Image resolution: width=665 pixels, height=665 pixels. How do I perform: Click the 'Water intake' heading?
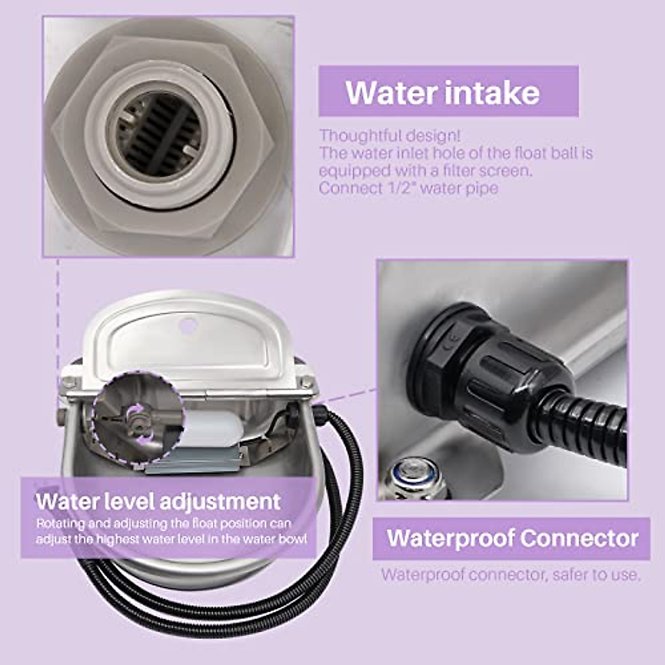[442, 93]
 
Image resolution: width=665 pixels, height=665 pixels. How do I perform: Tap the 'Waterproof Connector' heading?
[512, 538]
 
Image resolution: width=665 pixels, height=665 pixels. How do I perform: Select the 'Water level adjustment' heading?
[158, 502]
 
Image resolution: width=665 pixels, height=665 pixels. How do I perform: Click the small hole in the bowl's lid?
[188, 323]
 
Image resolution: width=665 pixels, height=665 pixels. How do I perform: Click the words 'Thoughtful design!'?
[390, 136]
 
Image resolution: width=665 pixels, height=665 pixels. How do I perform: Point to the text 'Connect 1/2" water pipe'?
[408, 188]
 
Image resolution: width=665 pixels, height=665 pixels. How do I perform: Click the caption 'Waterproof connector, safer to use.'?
[510, 575]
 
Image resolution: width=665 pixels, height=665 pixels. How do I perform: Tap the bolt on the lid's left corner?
[69, 382]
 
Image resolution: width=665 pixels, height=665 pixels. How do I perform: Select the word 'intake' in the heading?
[492, 93]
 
